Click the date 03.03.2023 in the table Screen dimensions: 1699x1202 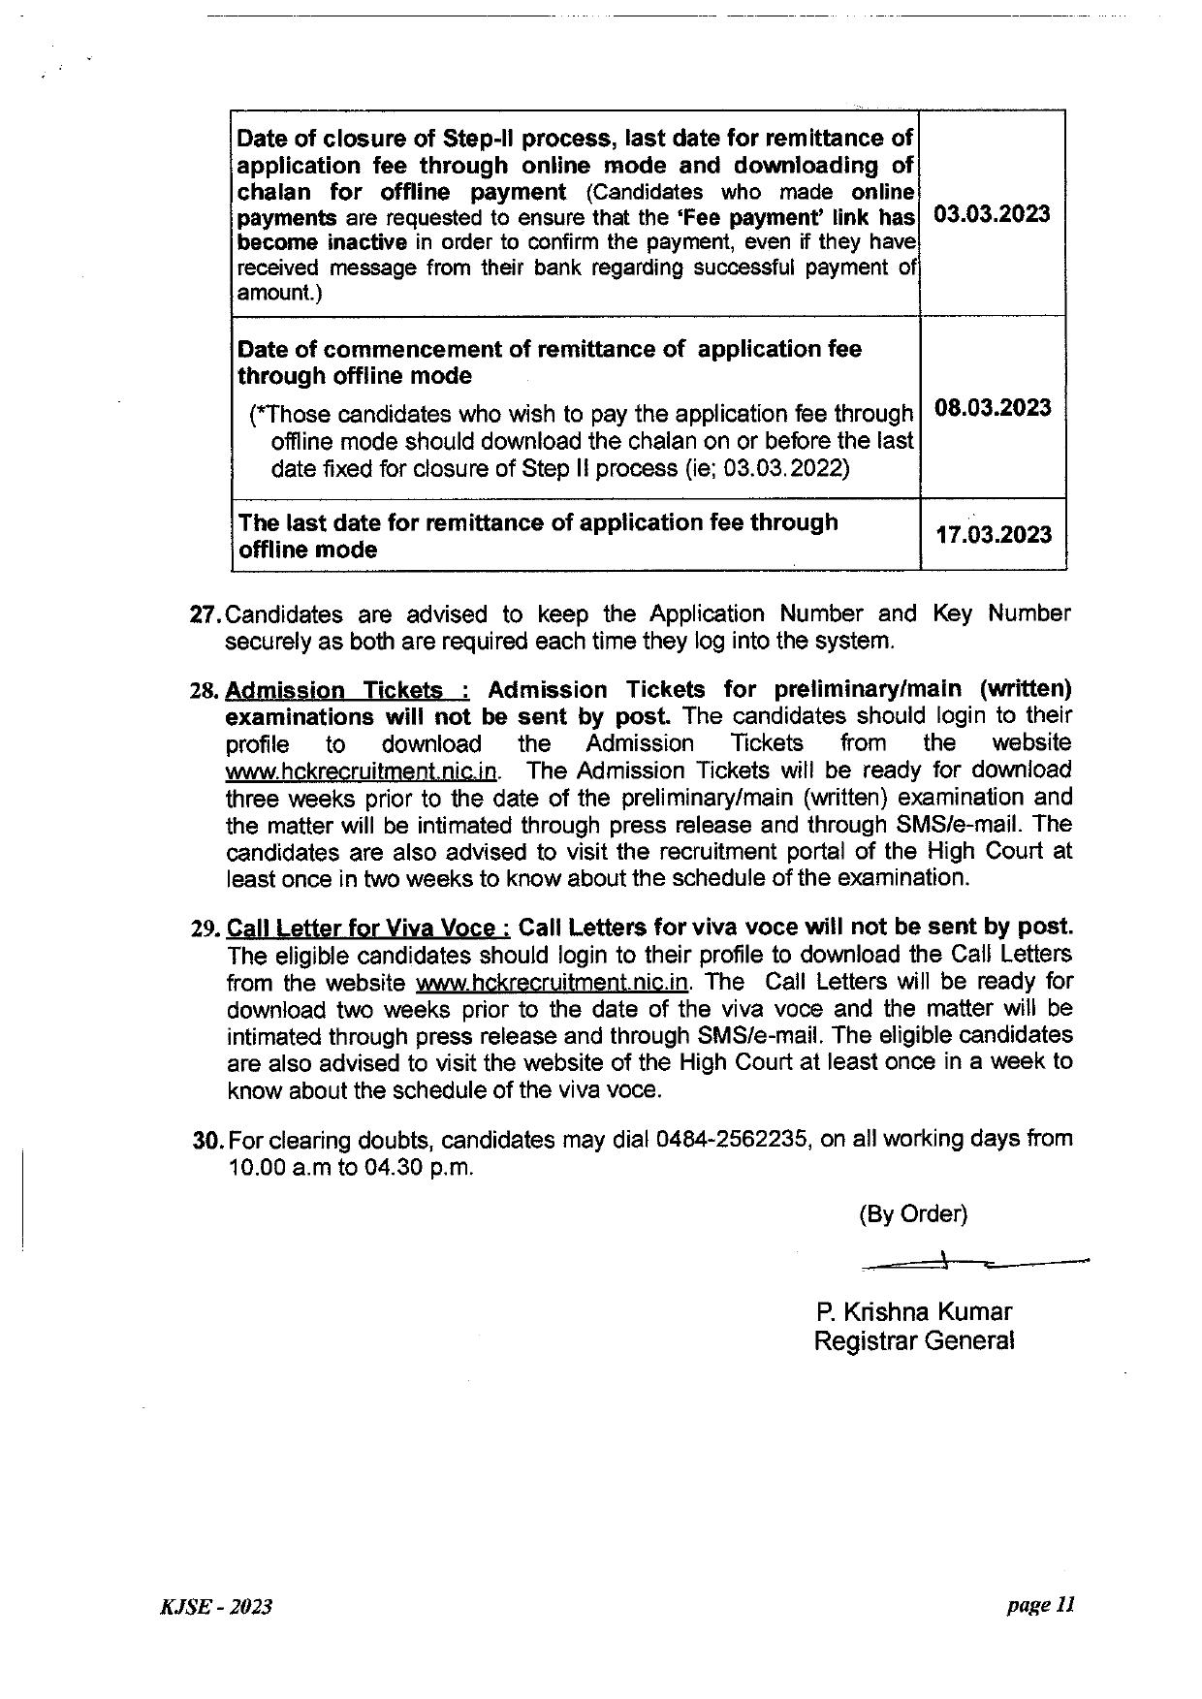tap(991, 214)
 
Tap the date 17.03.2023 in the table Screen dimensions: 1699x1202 tap(994, 535)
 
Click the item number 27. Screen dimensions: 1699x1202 tap(206, 614)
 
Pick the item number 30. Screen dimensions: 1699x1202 tap(209, 1140)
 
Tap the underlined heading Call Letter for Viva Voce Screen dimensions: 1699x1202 tap(367, 928)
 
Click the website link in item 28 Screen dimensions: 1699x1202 tap(362, 772)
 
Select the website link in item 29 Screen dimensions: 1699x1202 tap(552, 982)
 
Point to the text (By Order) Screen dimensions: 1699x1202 tap(912, 1213)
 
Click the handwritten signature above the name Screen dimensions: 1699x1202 tap(969, 1263)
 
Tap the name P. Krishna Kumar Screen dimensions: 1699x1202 tap(913, 1312)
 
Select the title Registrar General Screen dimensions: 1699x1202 tap(913, 1341)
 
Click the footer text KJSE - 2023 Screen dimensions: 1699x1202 tap(215, 1607)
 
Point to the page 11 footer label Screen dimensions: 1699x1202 tap(1040, 1605)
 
